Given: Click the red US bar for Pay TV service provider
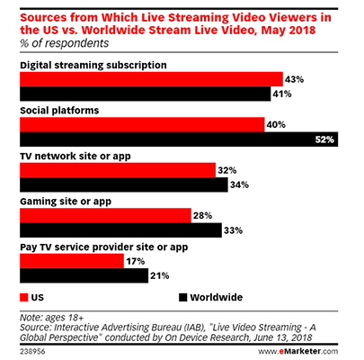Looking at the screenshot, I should point(71,261).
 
